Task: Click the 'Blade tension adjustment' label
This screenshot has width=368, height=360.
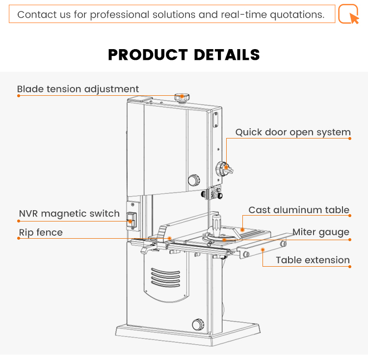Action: coord(78,89)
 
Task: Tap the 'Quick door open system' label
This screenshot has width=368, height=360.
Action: coord(293,132)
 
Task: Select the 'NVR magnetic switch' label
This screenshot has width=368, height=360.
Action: coord(69,214)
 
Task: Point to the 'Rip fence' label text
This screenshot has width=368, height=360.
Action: coord(41,232)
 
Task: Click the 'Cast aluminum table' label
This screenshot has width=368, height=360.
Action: coord(299,210)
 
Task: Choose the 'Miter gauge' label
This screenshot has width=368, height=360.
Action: coord(321,232)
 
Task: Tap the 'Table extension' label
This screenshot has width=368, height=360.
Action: coord(313,260)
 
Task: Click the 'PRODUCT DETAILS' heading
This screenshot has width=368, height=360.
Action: coord(184,55)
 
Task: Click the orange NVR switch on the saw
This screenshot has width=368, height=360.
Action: coord(131,220)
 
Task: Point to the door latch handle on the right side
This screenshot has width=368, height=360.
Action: coord(226,167)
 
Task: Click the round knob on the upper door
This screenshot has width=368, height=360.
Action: coord(194,180)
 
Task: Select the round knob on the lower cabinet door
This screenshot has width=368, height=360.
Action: coord(197,324)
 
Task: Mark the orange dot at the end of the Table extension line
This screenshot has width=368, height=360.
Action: coord(350,267)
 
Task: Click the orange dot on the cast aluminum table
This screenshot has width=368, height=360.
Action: coord(242,229)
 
